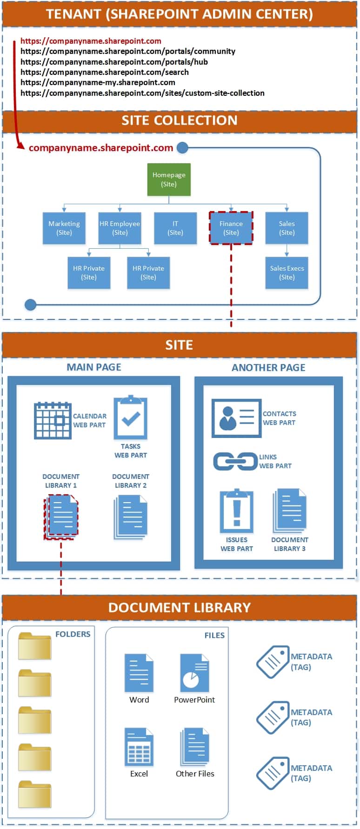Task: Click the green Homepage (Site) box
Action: (x=169, y=179)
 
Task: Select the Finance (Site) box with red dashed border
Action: (x=231, y=228)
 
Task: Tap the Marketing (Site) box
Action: (x=64, y=228)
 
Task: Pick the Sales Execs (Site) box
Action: (x=287, y=273)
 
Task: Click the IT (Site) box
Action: (x=175, y=228)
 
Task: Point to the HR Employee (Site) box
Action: (x=120, y=228)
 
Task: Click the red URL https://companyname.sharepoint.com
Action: (x=91, y=41)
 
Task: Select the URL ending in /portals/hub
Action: (x=114, y=62)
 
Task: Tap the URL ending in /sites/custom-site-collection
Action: (x=142, y=93)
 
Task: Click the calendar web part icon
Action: (x=53, y=421)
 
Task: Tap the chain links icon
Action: (x=235, y=462)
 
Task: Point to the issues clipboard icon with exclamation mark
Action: (x=237, y=511)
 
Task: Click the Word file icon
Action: (x=139, y=673)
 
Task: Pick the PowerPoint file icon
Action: (x=194, y=673)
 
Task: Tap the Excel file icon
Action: (x=139, y=747)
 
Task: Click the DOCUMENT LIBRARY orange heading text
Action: (x=180, y=608)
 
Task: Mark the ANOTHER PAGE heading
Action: (x=268, y=367)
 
